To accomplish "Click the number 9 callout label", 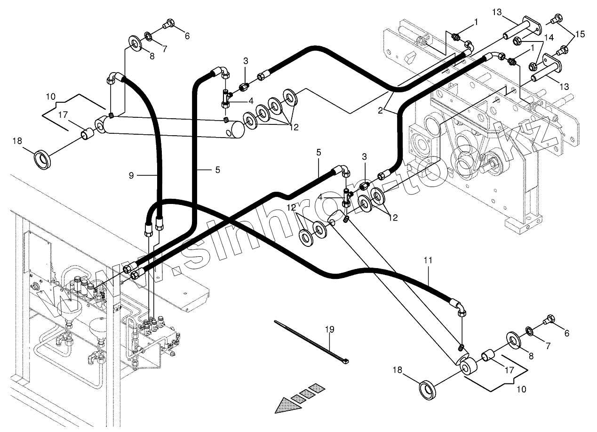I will pyautogui.click(x=131, y=175).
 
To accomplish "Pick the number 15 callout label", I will pyautogui.click(x=580, y=34).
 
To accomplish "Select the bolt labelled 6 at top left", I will pyautogui.click(x=168, y=24).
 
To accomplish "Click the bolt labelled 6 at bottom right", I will pyautogui.click(x=548, y=322).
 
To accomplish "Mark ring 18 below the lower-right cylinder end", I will pyautogui.click(x=428, y=390).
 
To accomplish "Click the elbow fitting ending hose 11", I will pyautogui.click(x=462, y=309).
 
